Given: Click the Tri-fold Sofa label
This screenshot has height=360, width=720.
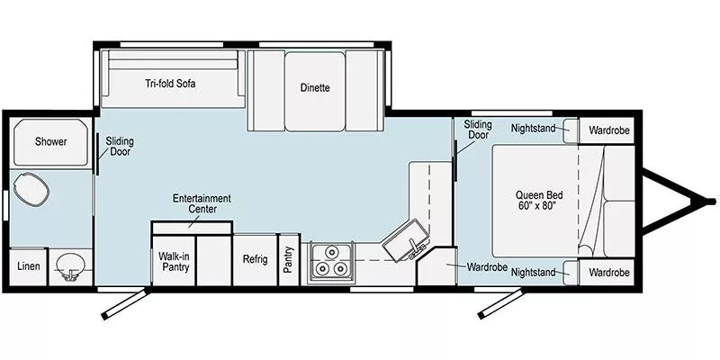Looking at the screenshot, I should click(171, 84).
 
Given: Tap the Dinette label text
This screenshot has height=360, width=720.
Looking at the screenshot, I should click(315, 87).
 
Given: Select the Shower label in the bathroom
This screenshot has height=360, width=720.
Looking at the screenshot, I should click(51, 141).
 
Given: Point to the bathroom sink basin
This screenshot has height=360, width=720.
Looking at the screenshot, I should click(70, 266).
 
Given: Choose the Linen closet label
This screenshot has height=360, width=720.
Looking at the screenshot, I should click(27, 267).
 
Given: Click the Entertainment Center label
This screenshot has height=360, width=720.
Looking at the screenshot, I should click(202, 203).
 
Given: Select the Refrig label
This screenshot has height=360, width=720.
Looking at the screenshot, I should click(255, 259).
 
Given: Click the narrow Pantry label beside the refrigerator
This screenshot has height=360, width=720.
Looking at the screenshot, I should click(289, 259).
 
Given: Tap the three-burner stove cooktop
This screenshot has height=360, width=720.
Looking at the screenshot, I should click(330, 263).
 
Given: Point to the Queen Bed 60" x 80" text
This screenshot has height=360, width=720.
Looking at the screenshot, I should click(536, 200).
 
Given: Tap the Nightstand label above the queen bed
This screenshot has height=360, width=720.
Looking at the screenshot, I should click(533, 129).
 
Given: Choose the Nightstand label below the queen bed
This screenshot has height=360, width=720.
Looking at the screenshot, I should click(533, 271).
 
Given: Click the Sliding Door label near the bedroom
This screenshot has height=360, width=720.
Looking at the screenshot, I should click(478, 129).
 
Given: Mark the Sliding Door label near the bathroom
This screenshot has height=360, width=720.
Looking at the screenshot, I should click(120, 146).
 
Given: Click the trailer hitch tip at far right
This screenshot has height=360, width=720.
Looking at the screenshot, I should click(711, 200).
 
